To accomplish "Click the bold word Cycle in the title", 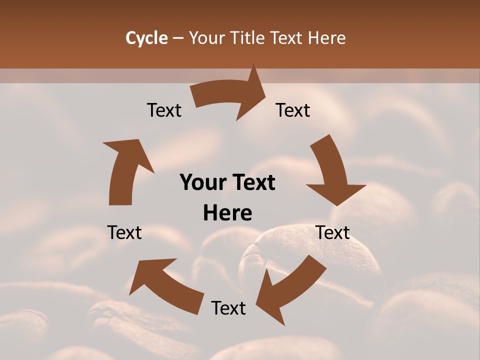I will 146,38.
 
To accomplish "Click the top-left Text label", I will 164,110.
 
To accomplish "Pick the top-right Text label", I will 293,110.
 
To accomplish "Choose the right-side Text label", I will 332,232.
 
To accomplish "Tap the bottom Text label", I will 228,308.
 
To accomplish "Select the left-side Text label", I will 124,232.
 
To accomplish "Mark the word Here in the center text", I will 227,213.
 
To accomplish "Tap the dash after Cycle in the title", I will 178,38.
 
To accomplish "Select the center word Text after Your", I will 252,183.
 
